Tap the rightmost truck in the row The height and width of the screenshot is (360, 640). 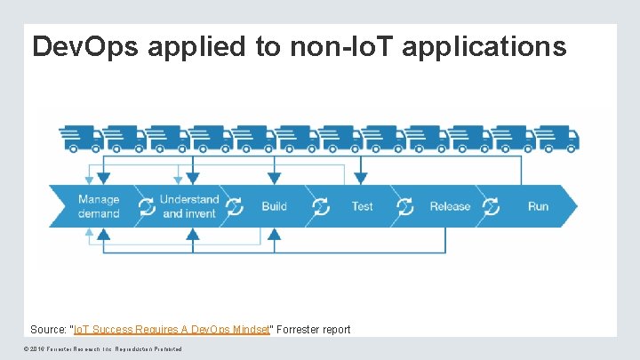point(557,138)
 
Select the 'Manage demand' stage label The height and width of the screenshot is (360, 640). point(99,206)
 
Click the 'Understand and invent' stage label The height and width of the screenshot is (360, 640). point(188,206)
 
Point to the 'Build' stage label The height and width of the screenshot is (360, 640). point(274,206)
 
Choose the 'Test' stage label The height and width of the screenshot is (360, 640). point(362,206)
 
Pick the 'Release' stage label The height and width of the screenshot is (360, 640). point(450,206)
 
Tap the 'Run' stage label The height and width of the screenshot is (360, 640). point(538,206)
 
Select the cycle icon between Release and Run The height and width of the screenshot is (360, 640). point(490,207)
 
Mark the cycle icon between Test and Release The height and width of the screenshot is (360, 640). point(404,207)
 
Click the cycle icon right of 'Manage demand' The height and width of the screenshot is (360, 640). point(147,207)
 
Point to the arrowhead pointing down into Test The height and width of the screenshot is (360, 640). point(360,178)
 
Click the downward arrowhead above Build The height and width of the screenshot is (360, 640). point(275,178)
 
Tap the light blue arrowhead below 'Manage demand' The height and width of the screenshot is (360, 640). point(89,233)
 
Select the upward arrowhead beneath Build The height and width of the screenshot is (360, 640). point(275,235)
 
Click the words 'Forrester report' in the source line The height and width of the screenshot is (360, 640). point(312,330)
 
